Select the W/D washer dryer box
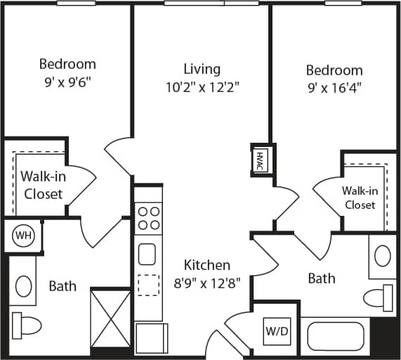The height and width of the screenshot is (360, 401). pos(275,329)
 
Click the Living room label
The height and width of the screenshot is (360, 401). pos(202,69)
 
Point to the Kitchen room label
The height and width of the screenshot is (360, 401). pos(206,265)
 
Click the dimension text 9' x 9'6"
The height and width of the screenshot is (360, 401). pos(67,82)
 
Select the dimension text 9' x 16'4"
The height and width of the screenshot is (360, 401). pos(334,88)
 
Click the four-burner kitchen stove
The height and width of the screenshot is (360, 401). pos(148,218)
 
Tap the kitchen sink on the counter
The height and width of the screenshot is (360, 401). pos(147,253)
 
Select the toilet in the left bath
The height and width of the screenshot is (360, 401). pos(26,325)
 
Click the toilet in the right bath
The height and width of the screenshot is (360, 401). pos(379,297)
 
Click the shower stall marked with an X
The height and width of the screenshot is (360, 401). pos(110,318)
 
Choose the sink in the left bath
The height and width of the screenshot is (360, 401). pos(23,285)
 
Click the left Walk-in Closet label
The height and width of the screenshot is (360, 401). pos(44,184)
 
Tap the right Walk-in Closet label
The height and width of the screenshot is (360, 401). pos(359,198)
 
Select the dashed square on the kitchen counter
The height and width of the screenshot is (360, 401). pos(148,285)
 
